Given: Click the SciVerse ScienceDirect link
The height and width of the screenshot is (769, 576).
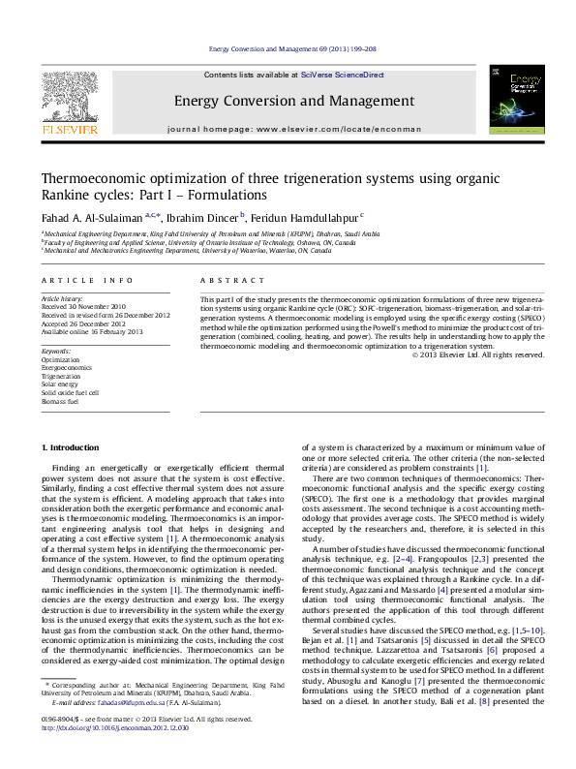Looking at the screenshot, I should click(342, 75).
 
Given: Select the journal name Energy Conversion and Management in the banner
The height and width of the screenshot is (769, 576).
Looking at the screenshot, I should click(288, 101).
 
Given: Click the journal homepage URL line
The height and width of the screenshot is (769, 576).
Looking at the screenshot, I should click(288, 129).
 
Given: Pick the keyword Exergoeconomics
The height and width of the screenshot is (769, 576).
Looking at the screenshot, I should click(67, 367).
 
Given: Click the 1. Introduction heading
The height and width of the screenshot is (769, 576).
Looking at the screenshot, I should click(74, 447).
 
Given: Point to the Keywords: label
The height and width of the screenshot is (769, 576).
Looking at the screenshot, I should click(56, 350).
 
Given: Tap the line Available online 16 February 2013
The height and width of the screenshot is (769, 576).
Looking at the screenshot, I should click(92, 332).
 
